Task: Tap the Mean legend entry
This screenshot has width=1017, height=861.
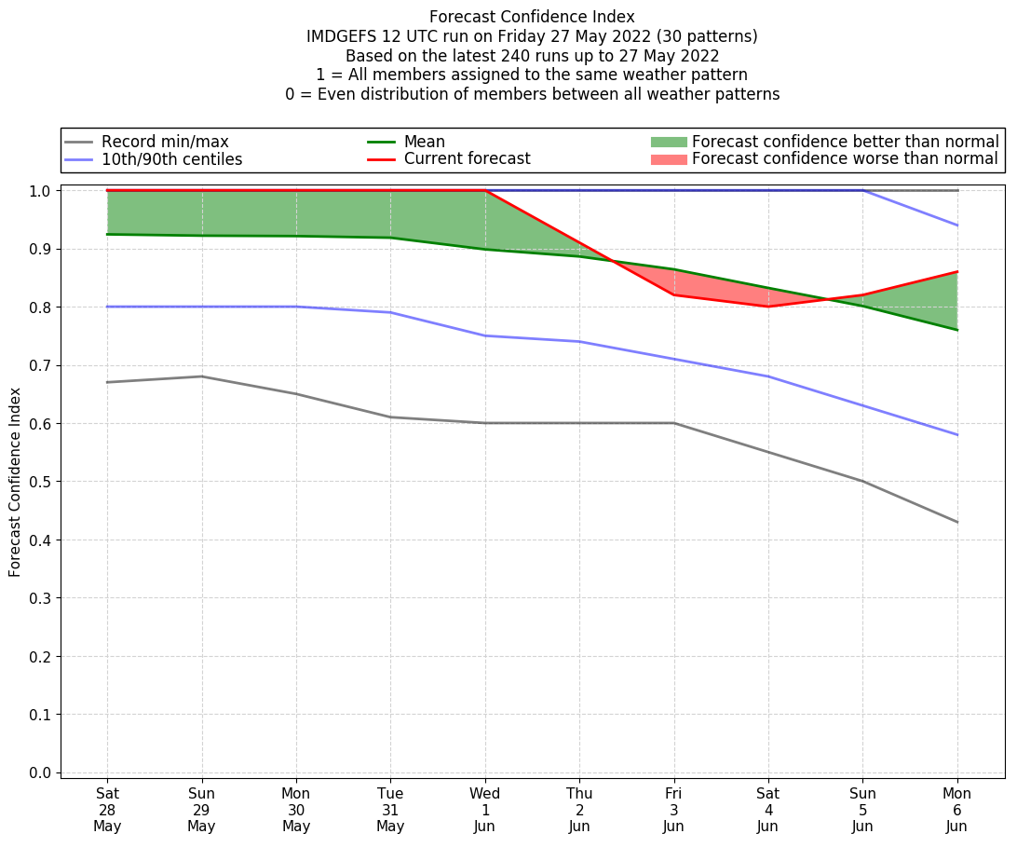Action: [424, 142]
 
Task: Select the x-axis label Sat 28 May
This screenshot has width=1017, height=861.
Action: [107, 810]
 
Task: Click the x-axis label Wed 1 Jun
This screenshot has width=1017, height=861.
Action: [485, 810]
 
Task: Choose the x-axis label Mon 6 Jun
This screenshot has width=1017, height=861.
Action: [956, 810]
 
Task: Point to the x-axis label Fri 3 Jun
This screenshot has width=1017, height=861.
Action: [673, 810]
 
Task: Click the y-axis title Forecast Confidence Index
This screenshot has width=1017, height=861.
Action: [15, 482]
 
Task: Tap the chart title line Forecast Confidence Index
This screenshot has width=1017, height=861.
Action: [532, 17]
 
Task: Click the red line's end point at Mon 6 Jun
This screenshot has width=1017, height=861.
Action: [956, 272]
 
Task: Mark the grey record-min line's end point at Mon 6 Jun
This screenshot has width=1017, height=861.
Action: [956, 522]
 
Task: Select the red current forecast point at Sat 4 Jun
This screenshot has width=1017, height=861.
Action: [768, 307]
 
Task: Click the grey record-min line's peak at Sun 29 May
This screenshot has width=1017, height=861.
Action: [201, 376]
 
